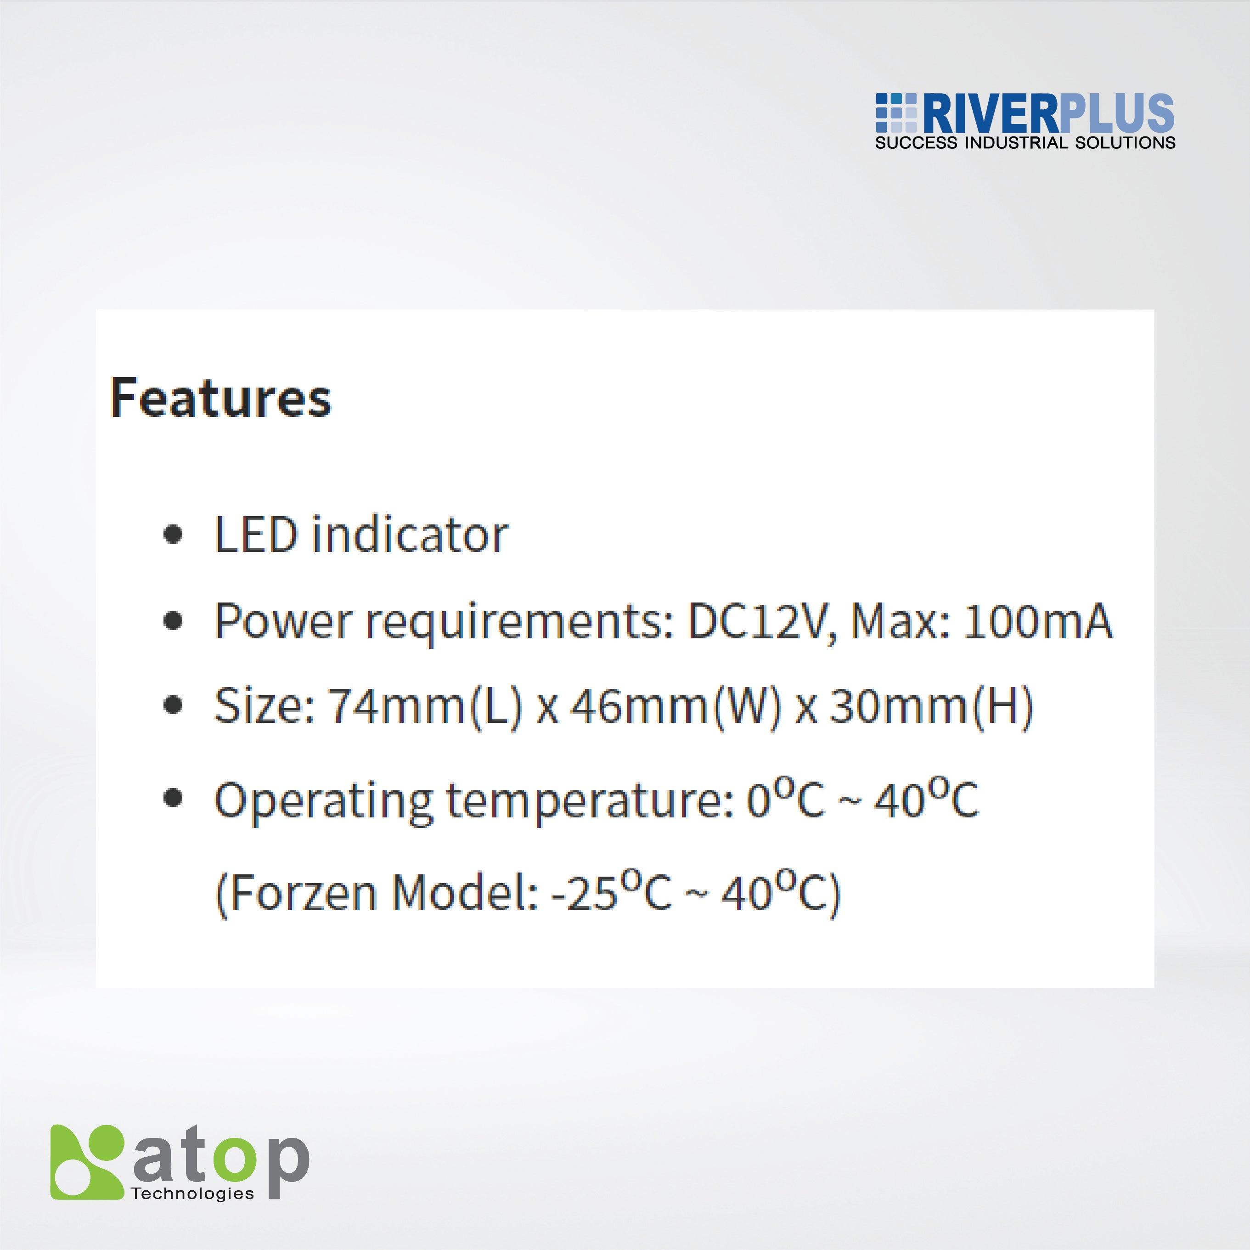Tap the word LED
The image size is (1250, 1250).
[256, 536]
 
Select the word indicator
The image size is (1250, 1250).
[410, 536]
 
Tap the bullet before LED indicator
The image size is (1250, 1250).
[172, 536]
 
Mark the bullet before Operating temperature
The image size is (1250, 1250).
[172, 800]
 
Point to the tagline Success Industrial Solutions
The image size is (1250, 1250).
[1025, 143]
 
